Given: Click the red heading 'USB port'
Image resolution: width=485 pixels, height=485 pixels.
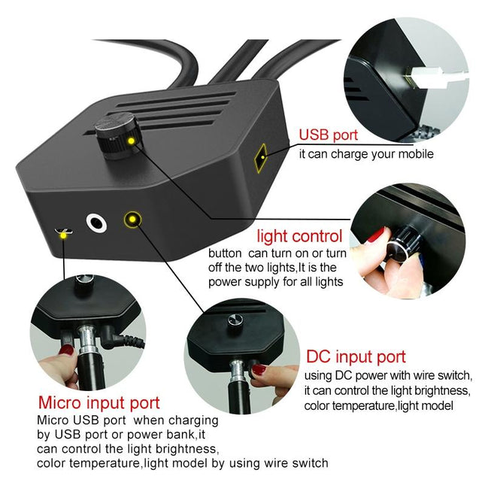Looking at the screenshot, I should [329, 136].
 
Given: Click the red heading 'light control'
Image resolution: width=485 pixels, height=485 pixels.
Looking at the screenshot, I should [299, 235].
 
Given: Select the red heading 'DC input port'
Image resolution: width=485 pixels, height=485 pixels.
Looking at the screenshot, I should [356, 357].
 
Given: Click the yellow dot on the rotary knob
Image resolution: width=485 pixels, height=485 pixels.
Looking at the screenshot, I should [131, 141].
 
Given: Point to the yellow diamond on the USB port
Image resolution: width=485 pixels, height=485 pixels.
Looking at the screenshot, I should [261, 157].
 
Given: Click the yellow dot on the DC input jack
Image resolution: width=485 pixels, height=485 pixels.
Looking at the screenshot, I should [133, 220].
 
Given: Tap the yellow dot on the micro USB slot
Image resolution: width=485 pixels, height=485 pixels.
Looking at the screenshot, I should [65, 235].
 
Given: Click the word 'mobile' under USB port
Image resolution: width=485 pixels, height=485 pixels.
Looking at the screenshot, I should [415, 154].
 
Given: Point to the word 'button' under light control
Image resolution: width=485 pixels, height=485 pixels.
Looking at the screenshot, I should [226, 253].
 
